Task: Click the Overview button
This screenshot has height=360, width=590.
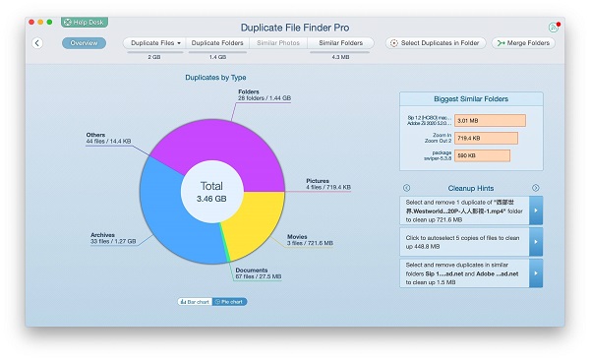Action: point(84,43)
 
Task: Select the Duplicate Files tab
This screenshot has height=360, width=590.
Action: point(153,43)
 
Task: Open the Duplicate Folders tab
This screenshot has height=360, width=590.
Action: point(216,43)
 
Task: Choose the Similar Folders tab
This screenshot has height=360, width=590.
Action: point(341,43)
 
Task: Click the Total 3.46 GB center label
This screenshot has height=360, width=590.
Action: point(212,191)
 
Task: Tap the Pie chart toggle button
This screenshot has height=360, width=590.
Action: point(230,301)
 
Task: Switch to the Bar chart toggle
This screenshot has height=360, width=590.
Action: point(194,301)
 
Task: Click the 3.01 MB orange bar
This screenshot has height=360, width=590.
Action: point(489,120)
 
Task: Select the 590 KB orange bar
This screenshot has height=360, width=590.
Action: point(482,154)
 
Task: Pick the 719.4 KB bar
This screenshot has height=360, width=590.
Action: point(485,138)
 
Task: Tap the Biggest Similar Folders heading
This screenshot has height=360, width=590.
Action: point(470,99)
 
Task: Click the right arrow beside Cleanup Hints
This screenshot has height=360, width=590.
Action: point(536,188)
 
